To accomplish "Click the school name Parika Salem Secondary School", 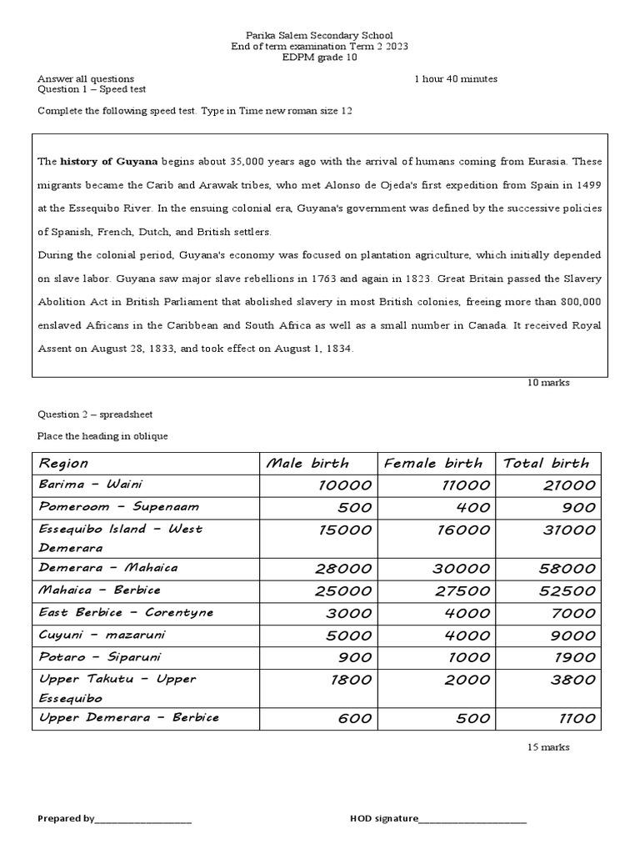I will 319,36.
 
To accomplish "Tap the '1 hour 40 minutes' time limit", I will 456,79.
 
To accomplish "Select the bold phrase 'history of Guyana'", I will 109,161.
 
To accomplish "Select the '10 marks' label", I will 548,383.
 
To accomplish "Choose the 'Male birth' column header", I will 307,463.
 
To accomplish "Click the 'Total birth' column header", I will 546,463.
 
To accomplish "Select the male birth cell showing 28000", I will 343,569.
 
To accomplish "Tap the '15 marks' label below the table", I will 548,747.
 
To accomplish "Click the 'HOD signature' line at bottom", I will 438,818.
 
